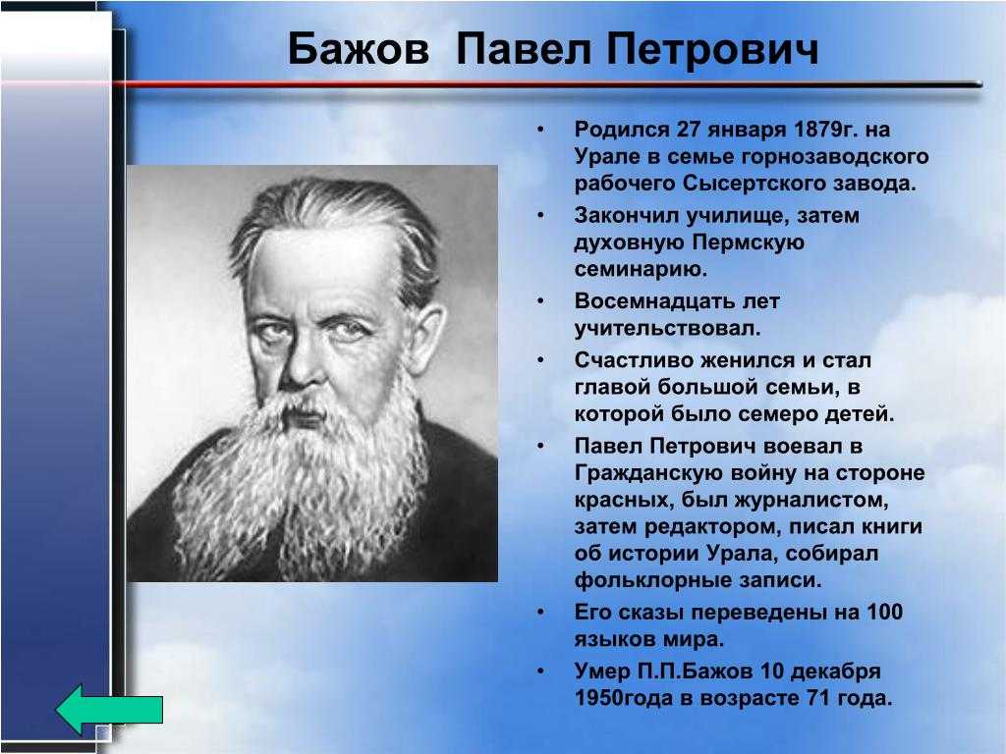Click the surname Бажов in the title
point(358,49)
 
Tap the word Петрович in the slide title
point(712,49)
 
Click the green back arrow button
point(109,709)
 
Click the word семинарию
point(641,269)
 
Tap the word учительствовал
point(667,328)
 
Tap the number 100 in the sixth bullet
point(885,612)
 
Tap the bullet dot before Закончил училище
point(541,215)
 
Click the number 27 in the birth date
point(688,130)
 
